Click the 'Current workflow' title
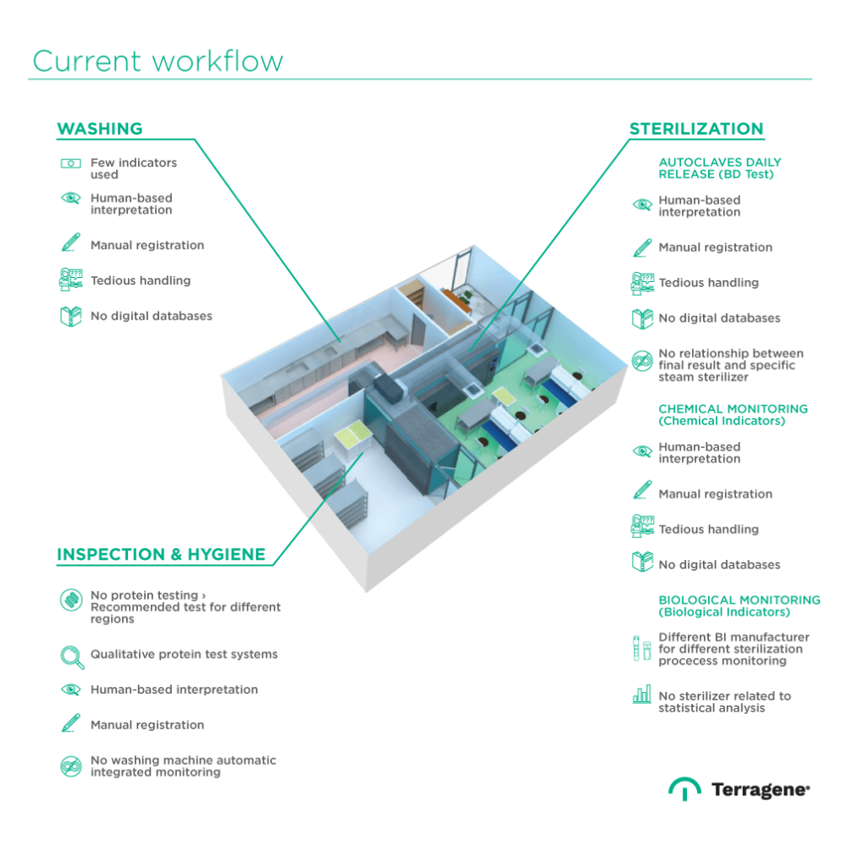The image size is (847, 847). [158, 62]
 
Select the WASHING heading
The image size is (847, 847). [99, 130]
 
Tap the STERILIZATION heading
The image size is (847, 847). [696, 130]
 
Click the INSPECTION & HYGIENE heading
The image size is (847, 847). [161, 556]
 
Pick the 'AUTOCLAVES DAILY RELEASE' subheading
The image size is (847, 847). [720, 168]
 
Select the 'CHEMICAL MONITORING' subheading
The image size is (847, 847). [734, 414]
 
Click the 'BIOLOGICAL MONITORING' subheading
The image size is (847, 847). [739, 605]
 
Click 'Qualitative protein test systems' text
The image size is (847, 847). [185, 655]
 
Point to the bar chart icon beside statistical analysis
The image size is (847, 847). [641, 696]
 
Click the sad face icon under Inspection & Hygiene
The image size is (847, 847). [69, 766]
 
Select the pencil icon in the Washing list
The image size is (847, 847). [69, 246]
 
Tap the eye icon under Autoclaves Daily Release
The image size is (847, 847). [641, 206]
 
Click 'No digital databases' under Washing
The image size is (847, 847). [152, 316]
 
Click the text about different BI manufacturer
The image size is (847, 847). [734, 649]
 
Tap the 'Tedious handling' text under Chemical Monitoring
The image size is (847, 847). [708, 529]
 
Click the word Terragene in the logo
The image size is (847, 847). [760, 790]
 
